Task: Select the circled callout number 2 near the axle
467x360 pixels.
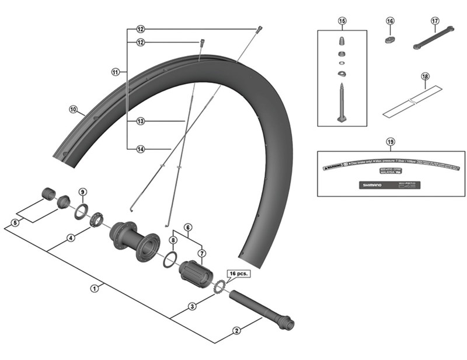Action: (x=236, y=331)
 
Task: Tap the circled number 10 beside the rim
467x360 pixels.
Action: (x=73, y=109)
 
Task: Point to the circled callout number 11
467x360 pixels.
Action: (x=115, y=72)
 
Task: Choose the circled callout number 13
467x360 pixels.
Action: (x=140, y=121)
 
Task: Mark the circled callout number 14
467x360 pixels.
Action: (x=140, y=148)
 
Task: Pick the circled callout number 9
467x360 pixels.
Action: (x=82, y=192)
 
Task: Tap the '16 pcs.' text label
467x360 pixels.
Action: (x=238, y=273)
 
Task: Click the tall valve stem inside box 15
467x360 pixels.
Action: (x=341, y=103)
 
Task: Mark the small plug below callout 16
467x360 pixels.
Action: (x=390, y=40)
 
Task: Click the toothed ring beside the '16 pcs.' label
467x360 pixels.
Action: (x=220, y=287)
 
